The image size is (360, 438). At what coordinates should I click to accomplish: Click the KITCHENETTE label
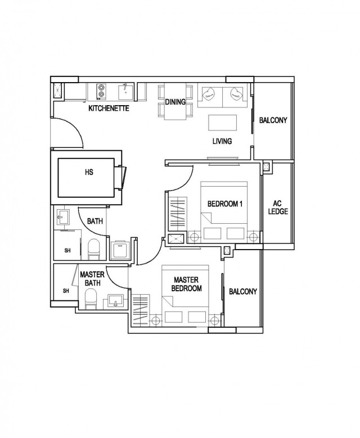pyautogui.click(x=109, y=109)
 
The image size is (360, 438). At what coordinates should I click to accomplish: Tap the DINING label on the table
pyautogui.click(x=175, y=102)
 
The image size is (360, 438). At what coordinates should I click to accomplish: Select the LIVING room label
pyautogui.click(x=222, y=141)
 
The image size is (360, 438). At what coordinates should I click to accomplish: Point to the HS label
pyautogui.click(x=89, y=172)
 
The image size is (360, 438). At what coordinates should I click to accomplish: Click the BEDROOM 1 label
pyautogui.click(x=225, y=204)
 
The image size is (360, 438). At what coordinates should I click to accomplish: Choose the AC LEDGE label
pyautogui.click(x=278, y=207)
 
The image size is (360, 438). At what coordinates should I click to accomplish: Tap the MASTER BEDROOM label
pyautogui.click(x=186, y=284)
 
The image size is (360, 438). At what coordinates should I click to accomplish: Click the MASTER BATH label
pyautogui.click(x=92, y=279)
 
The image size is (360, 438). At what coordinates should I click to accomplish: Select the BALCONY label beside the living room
pyautogui.click(x=273, y=120)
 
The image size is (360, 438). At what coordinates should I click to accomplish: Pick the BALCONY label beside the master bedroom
pyautogui.click(x=243, y=292)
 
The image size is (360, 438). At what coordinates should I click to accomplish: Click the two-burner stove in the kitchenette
pyautogui.click(x=101, y=92)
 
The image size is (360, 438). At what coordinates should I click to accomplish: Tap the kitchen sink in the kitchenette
pyautogui.click(x=125, y=92)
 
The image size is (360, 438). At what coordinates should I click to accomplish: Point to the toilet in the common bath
pyautogui.click(x=93, y=249)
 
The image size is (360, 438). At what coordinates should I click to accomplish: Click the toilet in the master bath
pyautogui.click(x=91, y=299)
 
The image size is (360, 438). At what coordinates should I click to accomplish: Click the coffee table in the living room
pyautogui.click(x=223, y=123)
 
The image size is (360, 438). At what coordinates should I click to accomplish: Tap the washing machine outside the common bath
pyautogui.click(x=120, y=250)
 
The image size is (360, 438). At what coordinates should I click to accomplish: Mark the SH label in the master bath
pyautogui.click(x=66, y=291)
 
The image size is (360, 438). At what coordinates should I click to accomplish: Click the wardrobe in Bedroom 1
pyautogui.click(x=178, y=214)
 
